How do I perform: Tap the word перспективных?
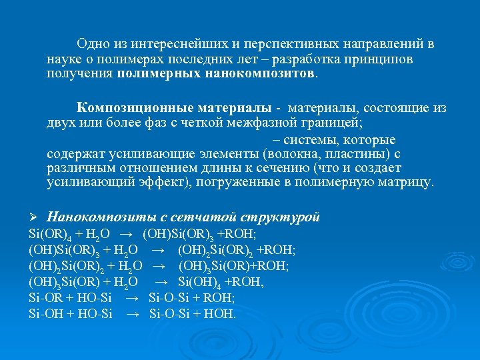point(284,44)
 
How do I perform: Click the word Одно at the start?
point(91,44)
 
